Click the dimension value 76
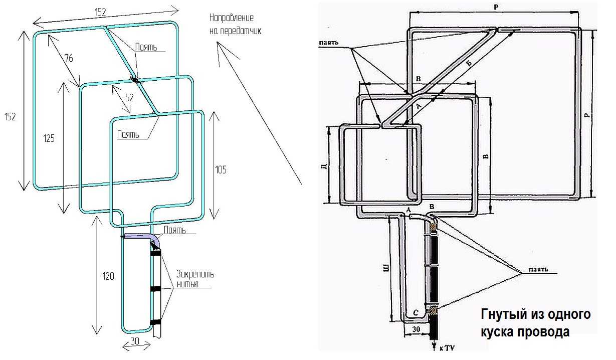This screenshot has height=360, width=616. pos(69,59)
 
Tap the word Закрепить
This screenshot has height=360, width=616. pos(195,274)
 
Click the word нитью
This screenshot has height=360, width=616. pos(187,284)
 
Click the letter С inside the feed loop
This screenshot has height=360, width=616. pos(416,313)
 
